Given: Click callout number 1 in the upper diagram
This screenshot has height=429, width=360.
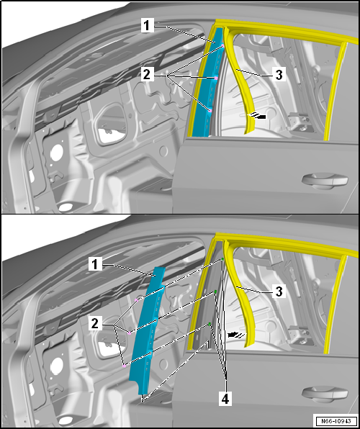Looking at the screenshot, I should pyautogui.click(x=145, y=26).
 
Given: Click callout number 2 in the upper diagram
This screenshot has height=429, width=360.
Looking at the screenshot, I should pyautogui.click(x=147, y=73).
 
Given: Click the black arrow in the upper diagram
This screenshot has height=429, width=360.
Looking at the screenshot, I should pyautogui.click(x=258, y=115).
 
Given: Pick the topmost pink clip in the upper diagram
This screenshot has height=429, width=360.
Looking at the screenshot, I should pyautogui.click(x=222, y=47).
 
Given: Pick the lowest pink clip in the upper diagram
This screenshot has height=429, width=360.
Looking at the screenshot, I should pyautogui.click(x=210, y=110).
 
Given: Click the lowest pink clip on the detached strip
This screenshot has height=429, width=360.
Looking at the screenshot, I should pyautogui.click(x=125, y=366).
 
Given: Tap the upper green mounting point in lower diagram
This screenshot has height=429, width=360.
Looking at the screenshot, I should pyautogui.click(x=215, y=292).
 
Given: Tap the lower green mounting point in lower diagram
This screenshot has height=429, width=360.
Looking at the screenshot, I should pyautogui.click(x=210, y=325).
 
